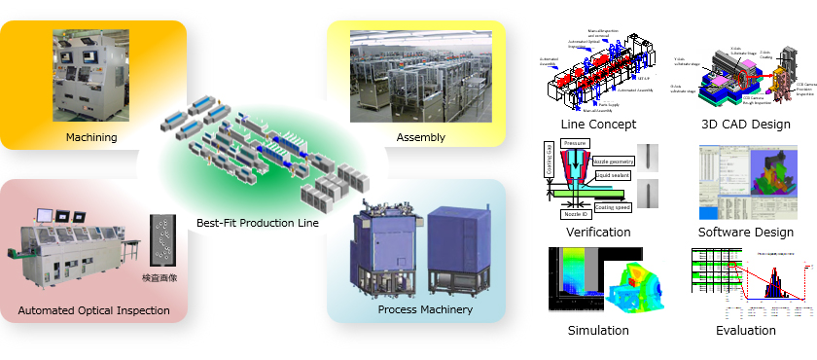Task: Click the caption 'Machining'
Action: pos(91,137)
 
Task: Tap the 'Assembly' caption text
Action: pos(420,137)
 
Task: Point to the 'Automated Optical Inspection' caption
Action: pos(93,311)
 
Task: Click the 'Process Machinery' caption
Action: pos(425,310)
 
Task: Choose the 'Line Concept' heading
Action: pos(598,125)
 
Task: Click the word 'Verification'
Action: pos(598,233)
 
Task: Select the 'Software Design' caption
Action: pos(745,233)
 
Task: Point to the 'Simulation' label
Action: pos(598,331)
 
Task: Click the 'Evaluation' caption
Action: pos(745,331)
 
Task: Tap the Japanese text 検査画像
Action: pos(164,278)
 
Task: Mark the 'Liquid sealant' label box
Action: pos(615,176)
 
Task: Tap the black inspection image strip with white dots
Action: pos(162,239)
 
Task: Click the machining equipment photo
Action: pos(90,76)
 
